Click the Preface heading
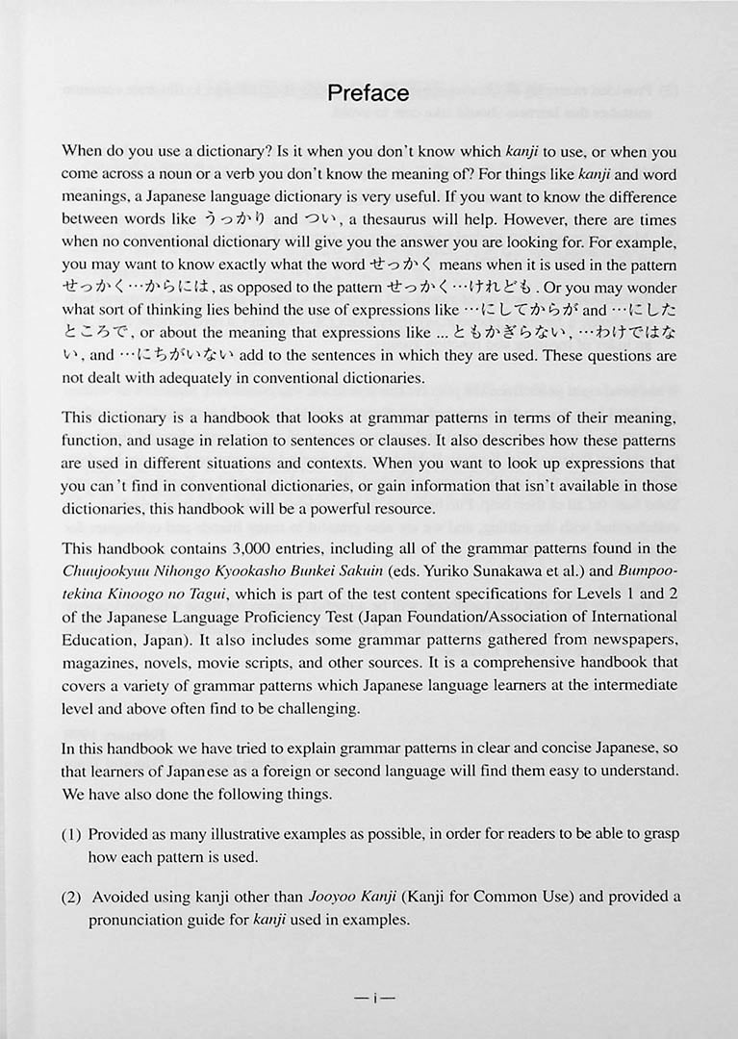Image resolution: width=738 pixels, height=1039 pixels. coord(369,93)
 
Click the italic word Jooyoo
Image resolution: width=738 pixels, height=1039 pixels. coord(333,897)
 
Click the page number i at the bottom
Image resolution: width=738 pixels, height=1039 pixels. coord(369,998)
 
